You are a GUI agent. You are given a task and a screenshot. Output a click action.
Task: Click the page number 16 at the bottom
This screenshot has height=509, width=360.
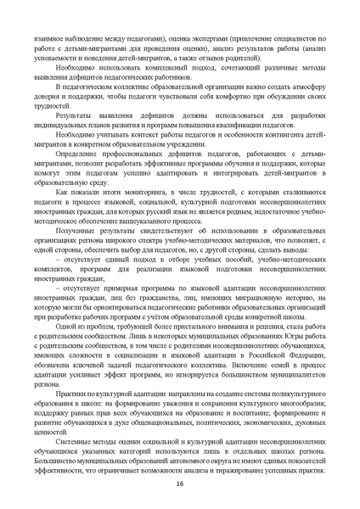180,483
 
